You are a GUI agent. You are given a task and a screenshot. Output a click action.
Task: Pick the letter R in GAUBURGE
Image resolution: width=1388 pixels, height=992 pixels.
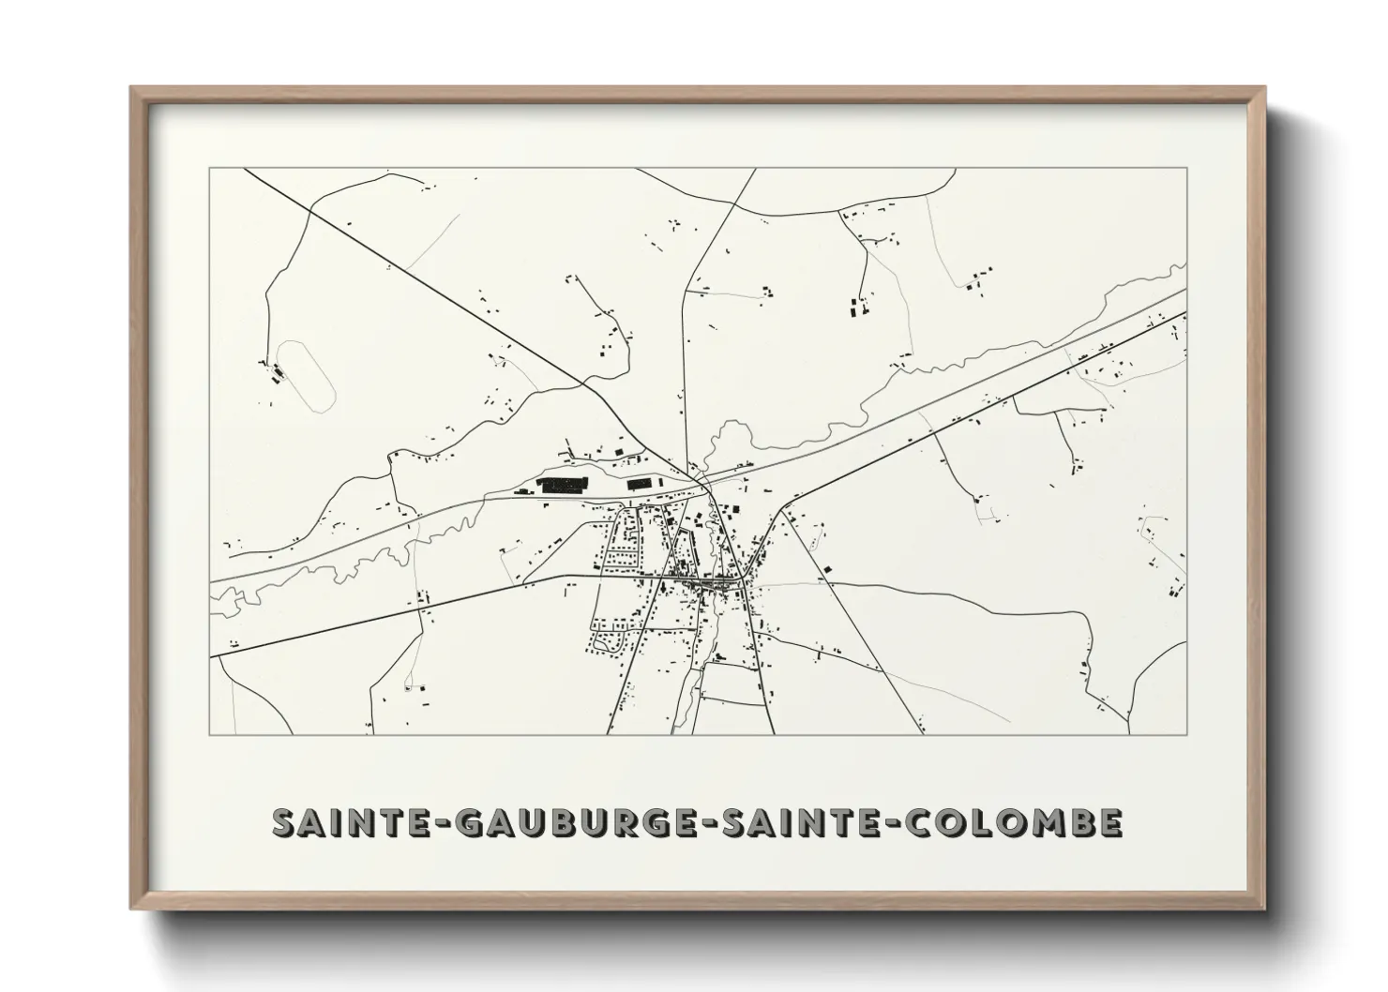tap(626, 822)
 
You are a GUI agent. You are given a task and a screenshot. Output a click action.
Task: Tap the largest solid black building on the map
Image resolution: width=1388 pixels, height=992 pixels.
tap(559, 485)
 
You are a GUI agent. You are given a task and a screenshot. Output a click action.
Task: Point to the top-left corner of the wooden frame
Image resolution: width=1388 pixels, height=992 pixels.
tap(132, 88)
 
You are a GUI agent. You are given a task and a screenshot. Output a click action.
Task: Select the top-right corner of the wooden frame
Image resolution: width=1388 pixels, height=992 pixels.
tap(1263, 88)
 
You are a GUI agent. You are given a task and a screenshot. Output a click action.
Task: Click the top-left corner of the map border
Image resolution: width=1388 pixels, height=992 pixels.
tap(209, 169)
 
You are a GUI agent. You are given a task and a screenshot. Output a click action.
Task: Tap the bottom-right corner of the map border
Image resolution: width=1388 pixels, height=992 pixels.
tap(1187, 734)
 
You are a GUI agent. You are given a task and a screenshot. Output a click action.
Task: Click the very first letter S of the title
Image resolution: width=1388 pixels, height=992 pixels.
tap(285, 822)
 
